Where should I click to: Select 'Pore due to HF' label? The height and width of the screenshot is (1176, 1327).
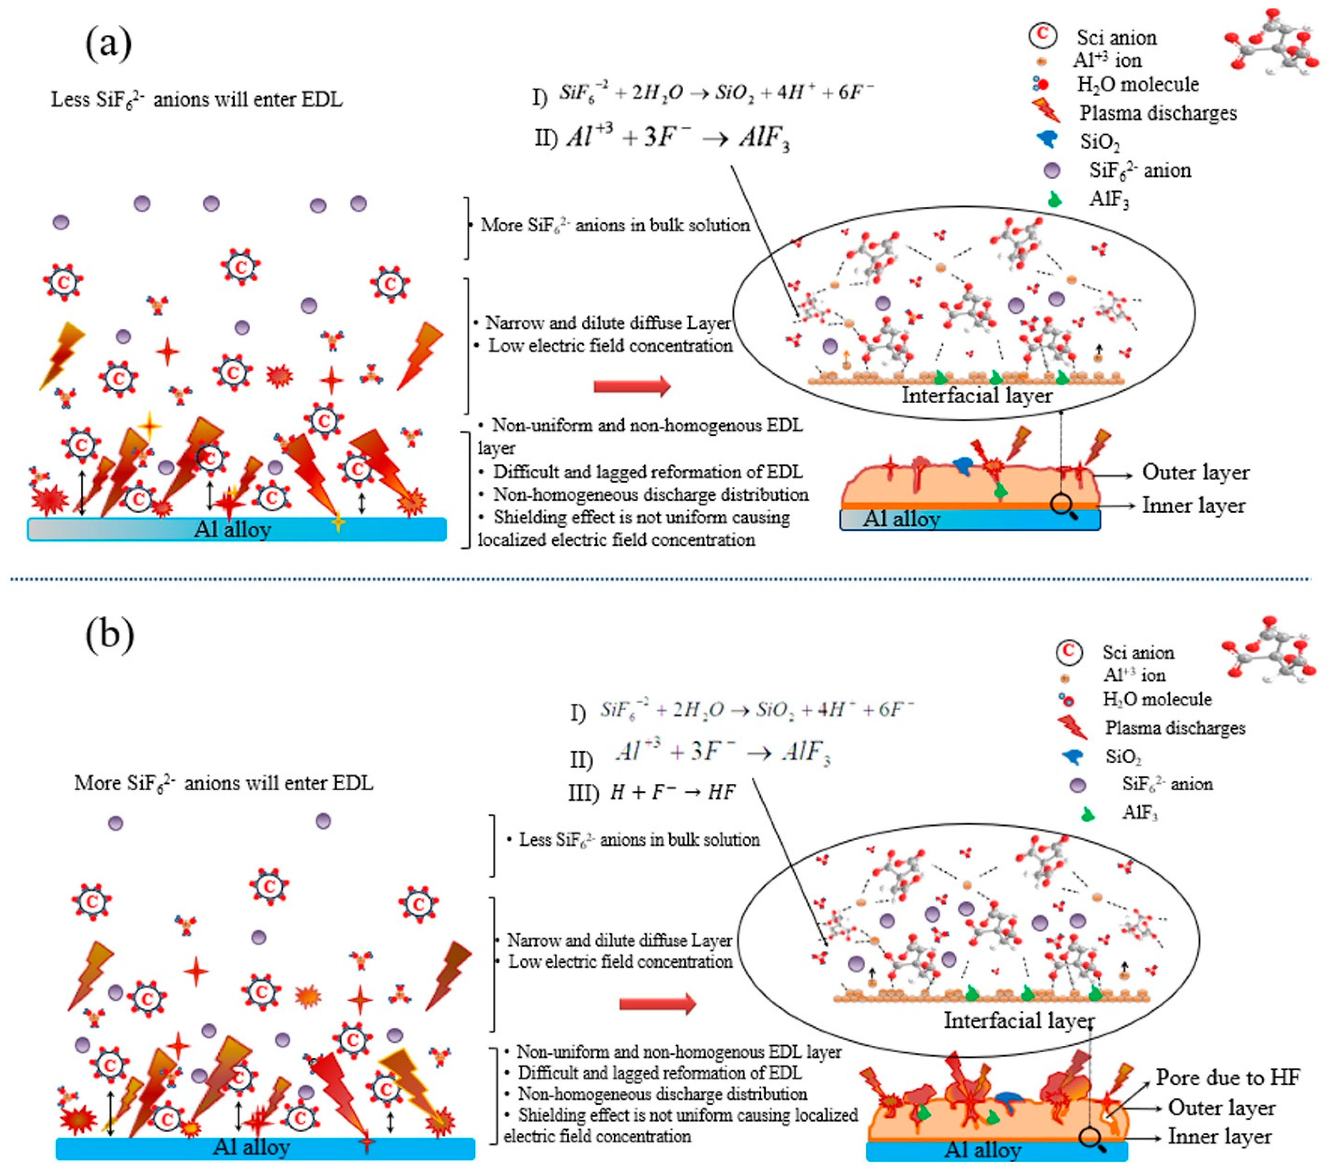click(x=1227, y=1077)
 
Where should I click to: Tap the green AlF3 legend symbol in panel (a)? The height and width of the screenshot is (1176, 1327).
click(x=1054, y=199)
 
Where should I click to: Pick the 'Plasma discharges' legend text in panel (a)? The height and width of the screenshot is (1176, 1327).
click(x=1157, y=113)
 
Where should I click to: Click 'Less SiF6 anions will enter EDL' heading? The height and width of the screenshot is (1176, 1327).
click(x=197, y=100)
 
